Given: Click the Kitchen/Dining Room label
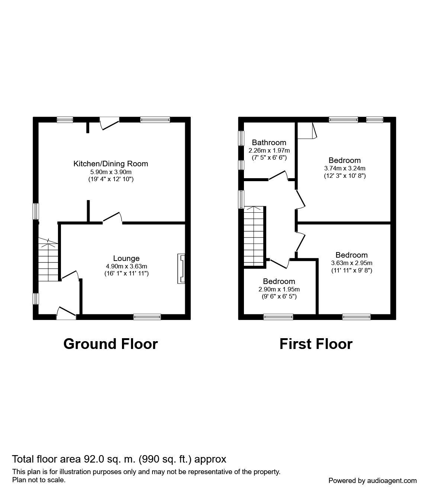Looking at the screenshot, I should (110, 164).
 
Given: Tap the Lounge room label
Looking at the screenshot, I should (126, 258).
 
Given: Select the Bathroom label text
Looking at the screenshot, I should (269, 143).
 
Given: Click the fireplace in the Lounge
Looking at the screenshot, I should (181, 269).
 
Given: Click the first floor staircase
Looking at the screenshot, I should (254, 236).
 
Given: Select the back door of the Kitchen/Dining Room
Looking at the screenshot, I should (109, 123).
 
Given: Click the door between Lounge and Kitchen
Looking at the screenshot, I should (112, 218).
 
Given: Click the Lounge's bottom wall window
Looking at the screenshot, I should (147, 317).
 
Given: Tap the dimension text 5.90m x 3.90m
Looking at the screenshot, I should (111, 172).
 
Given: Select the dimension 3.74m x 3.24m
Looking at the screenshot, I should (344, 168).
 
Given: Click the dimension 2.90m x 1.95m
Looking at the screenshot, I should (279, 290).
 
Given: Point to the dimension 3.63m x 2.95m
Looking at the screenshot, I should (351, 263).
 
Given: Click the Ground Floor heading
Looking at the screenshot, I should (110, 344).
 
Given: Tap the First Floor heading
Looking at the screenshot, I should (316, 344).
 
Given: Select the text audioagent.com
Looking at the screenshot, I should (392, 480).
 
